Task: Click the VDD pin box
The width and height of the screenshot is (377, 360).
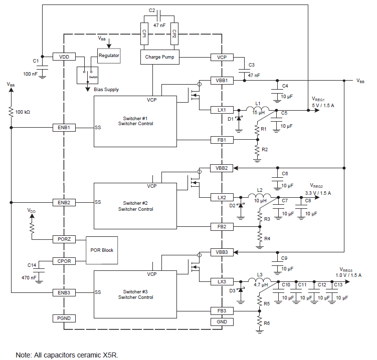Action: pyautogui.click(x=64, y=57)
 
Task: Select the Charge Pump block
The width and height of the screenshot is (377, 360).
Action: pyautogui.click(x=159, y=57)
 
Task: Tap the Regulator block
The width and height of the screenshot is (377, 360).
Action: pyautogui.click(x=109, y=56)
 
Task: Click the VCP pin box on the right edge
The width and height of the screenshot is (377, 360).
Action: pyautogui.click(x=222, y=57)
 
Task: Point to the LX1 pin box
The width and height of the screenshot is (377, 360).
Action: pyautogui.click(x=222, y=110)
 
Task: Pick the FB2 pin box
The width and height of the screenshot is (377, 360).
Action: pyautogui.click(x=222, y=227)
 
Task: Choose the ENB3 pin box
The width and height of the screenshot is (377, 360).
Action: pyautogui.click(x=64, y=292)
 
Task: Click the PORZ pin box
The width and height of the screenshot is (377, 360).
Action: pyautogui.click(x=64, y=239)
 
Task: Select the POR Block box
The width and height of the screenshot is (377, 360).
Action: pyautogui.click(x=102, y=250)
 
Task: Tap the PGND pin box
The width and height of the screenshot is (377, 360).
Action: pyautogui.click(x=64, y=318)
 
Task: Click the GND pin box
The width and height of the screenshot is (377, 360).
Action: pyautogui.click(x=222, y=321)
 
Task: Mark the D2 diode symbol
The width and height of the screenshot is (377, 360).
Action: pyautogui.click(x=240, y=205)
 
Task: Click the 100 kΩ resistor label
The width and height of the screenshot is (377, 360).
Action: pyautogui.click(x=23, y=112)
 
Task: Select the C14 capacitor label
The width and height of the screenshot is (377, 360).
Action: pyautogui.click(x=32, y=265)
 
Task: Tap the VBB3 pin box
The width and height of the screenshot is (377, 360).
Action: pyautogui.click(x=222, y=252)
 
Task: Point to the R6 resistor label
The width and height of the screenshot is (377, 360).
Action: pyautogui.click(x=267, y=324)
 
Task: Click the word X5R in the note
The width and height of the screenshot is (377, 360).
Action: pyautogui.click(x=109, y=354)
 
